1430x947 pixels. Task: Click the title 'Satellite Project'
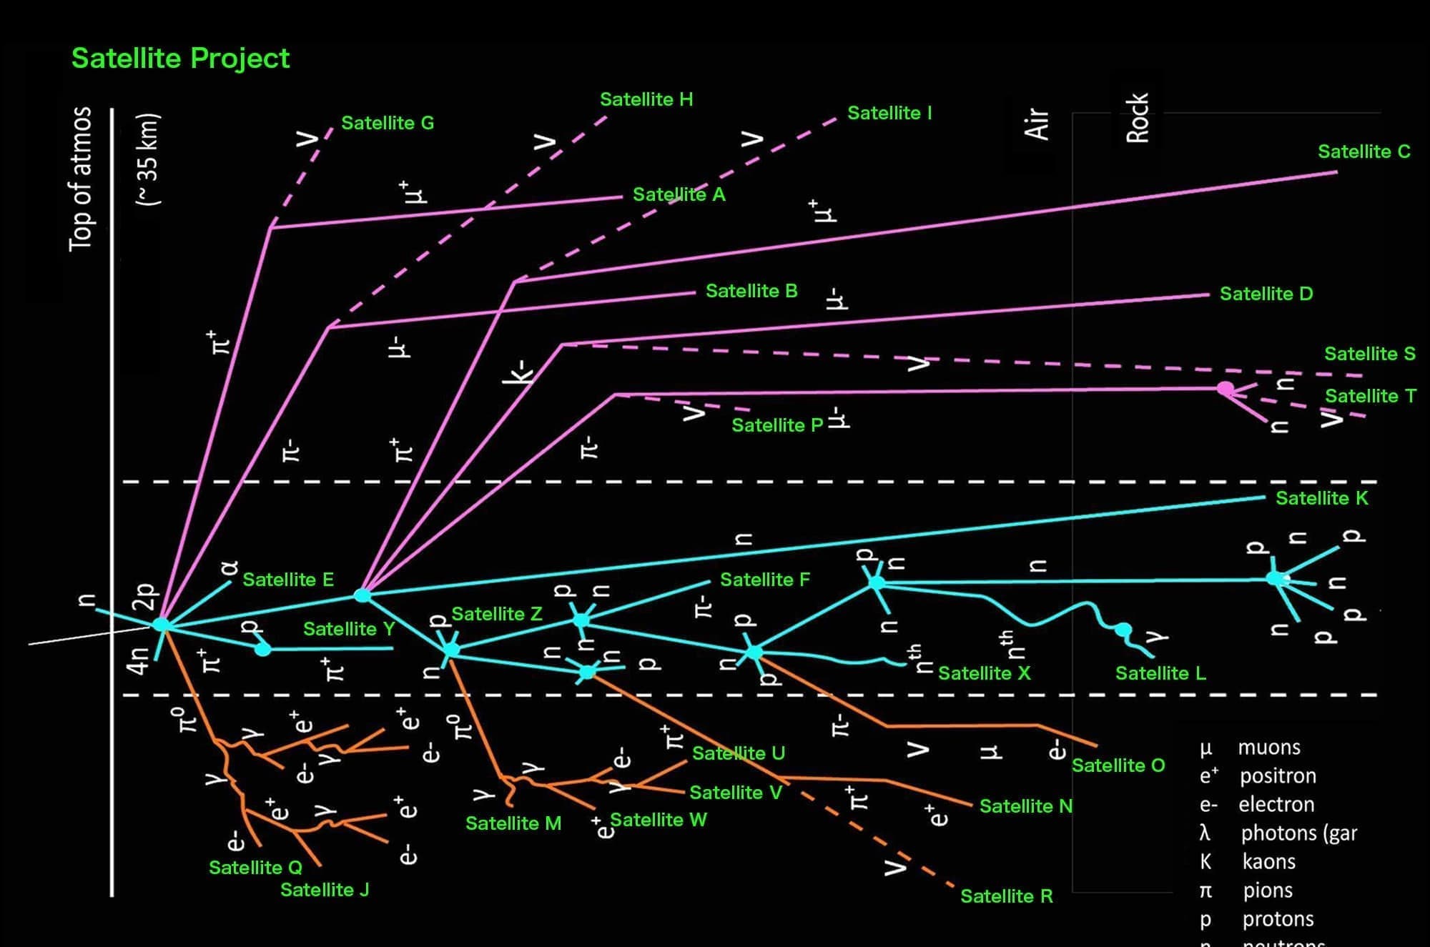[x=180, y=58]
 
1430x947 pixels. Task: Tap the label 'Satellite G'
[x=388, y=123]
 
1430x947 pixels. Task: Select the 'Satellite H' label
[x=646, y=99]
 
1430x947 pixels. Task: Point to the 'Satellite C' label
[x=1364, y=152]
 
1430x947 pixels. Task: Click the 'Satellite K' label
[x=1321, y=498]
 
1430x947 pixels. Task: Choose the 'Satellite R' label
[x=1006, y=896]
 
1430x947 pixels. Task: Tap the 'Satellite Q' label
[x=255, y=868]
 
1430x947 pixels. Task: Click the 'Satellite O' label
[x=1118, y=765]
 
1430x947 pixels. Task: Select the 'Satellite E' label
[x=288, y=580]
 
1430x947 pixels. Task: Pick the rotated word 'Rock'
[x=1137, y=118]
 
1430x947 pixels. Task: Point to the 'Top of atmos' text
[x=81, y=179]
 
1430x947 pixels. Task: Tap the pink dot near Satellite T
[x=1225, y=389]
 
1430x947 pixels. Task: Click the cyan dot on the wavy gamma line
[x=1123, y=630]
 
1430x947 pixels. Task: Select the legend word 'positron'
[x=1278, y=776]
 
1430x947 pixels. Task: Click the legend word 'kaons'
[x=1268, y=862]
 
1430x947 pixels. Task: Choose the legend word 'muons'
[x=1269, y=748]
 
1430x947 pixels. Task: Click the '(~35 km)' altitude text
[x=148, y=159]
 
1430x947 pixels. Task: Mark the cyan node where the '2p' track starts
[x=162, y=625]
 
